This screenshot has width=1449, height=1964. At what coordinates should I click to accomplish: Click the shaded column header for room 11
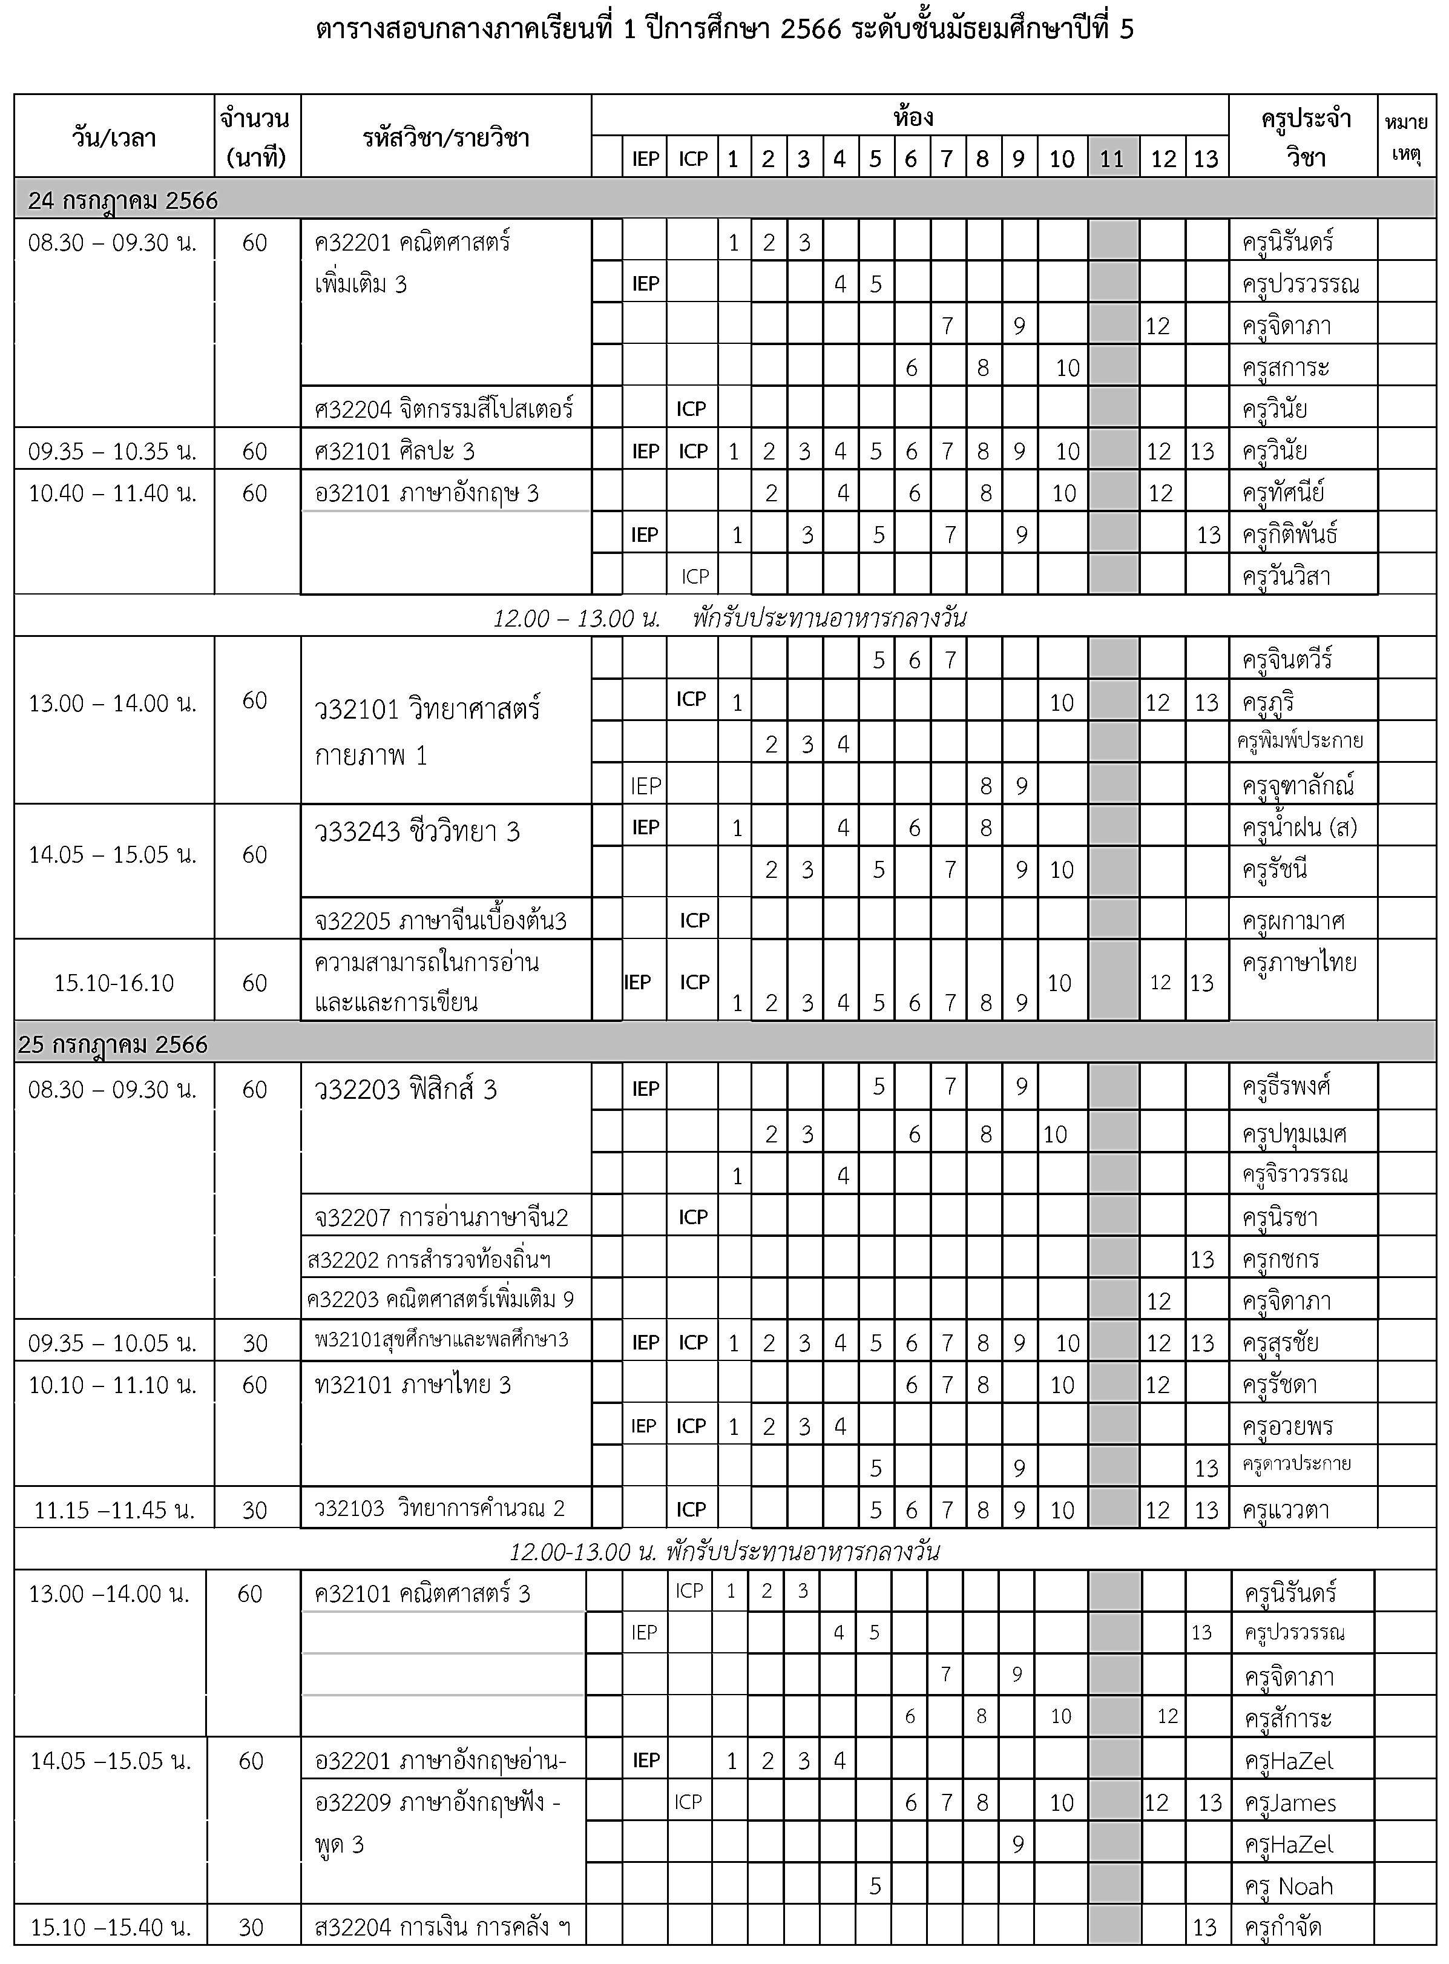(x=1112, y=158)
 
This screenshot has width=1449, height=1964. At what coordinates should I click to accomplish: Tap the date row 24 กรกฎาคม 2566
(x=123, y=201)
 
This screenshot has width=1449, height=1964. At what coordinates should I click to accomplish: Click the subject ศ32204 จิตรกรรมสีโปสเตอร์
(x=444, y=409)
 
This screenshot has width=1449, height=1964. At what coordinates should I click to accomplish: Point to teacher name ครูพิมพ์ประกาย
(x=1300, y=740)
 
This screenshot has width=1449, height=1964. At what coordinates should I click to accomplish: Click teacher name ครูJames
(x=1290, y=1802)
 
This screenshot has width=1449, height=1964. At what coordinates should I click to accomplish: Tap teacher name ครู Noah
(x=1289, y=1886)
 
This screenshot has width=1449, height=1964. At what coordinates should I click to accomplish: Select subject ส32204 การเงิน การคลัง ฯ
(x=442, y=1927)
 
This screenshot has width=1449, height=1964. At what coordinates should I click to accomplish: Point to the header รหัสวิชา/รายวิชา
(x=445, y=137)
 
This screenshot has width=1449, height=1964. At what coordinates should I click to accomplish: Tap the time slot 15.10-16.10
(x=114, y=983)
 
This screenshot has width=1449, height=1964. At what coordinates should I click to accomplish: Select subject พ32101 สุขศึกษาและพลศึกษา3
(x=442, y=1340)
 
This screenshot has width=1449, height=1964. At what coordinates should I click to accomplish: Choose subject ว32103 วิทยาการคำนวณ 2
(x=439, y=1509)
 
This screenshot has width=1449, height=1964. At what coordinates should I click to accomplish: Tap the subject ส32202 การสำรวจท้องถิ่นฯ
(x=430, y=1260)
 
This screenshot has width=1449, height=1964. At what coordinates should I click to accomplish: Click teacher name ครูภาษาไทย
(x=1299, y=962)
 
